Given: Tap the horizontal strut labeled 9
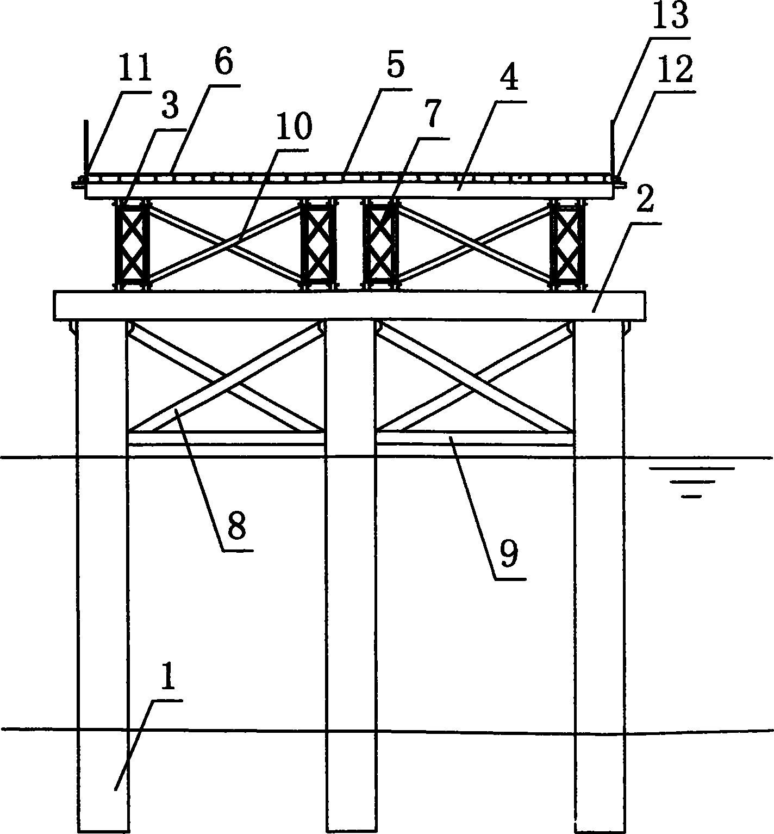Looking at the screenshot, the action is click(x=476, y=438).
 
